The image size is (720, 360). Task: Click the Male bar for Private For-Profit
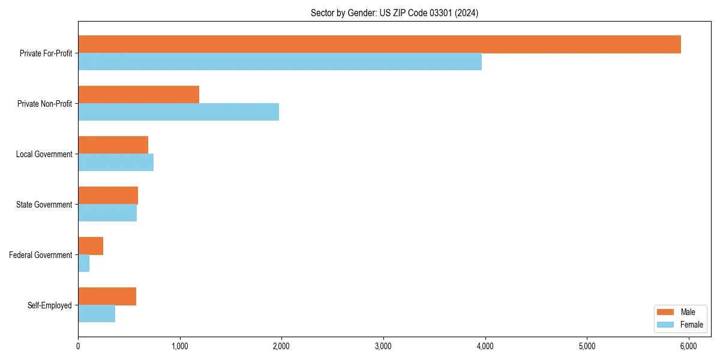(379, 44)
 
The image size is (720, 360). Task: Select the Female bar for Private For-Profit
(280, 62)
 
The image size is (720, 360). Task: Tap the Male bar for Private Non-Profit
(139, 95)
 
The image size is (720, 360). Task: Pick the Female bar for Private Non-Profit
(178, 112)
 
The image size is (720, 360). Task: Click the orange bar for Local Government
(113, 145)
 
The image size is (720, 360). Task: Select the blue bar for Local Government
(116, 163)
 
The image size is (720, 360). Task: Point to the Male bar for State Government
(108, 196)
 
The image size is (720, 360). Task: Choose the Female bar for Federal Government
(84, 263)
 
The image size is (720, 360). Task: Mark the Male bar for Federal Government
(91, 246)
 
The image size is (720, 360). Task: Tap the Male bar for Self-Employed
(107, 296)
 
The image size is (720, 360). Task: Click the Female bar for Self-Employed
(97, 314)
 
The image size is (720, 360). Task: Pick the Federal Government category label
(41, 255)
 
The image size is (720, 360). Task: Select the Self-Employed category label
(50, 305)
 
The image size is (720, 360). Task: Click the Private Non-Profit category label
(45, 104)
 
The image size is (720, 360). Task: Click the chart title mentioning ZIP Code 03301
(394, 13)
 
